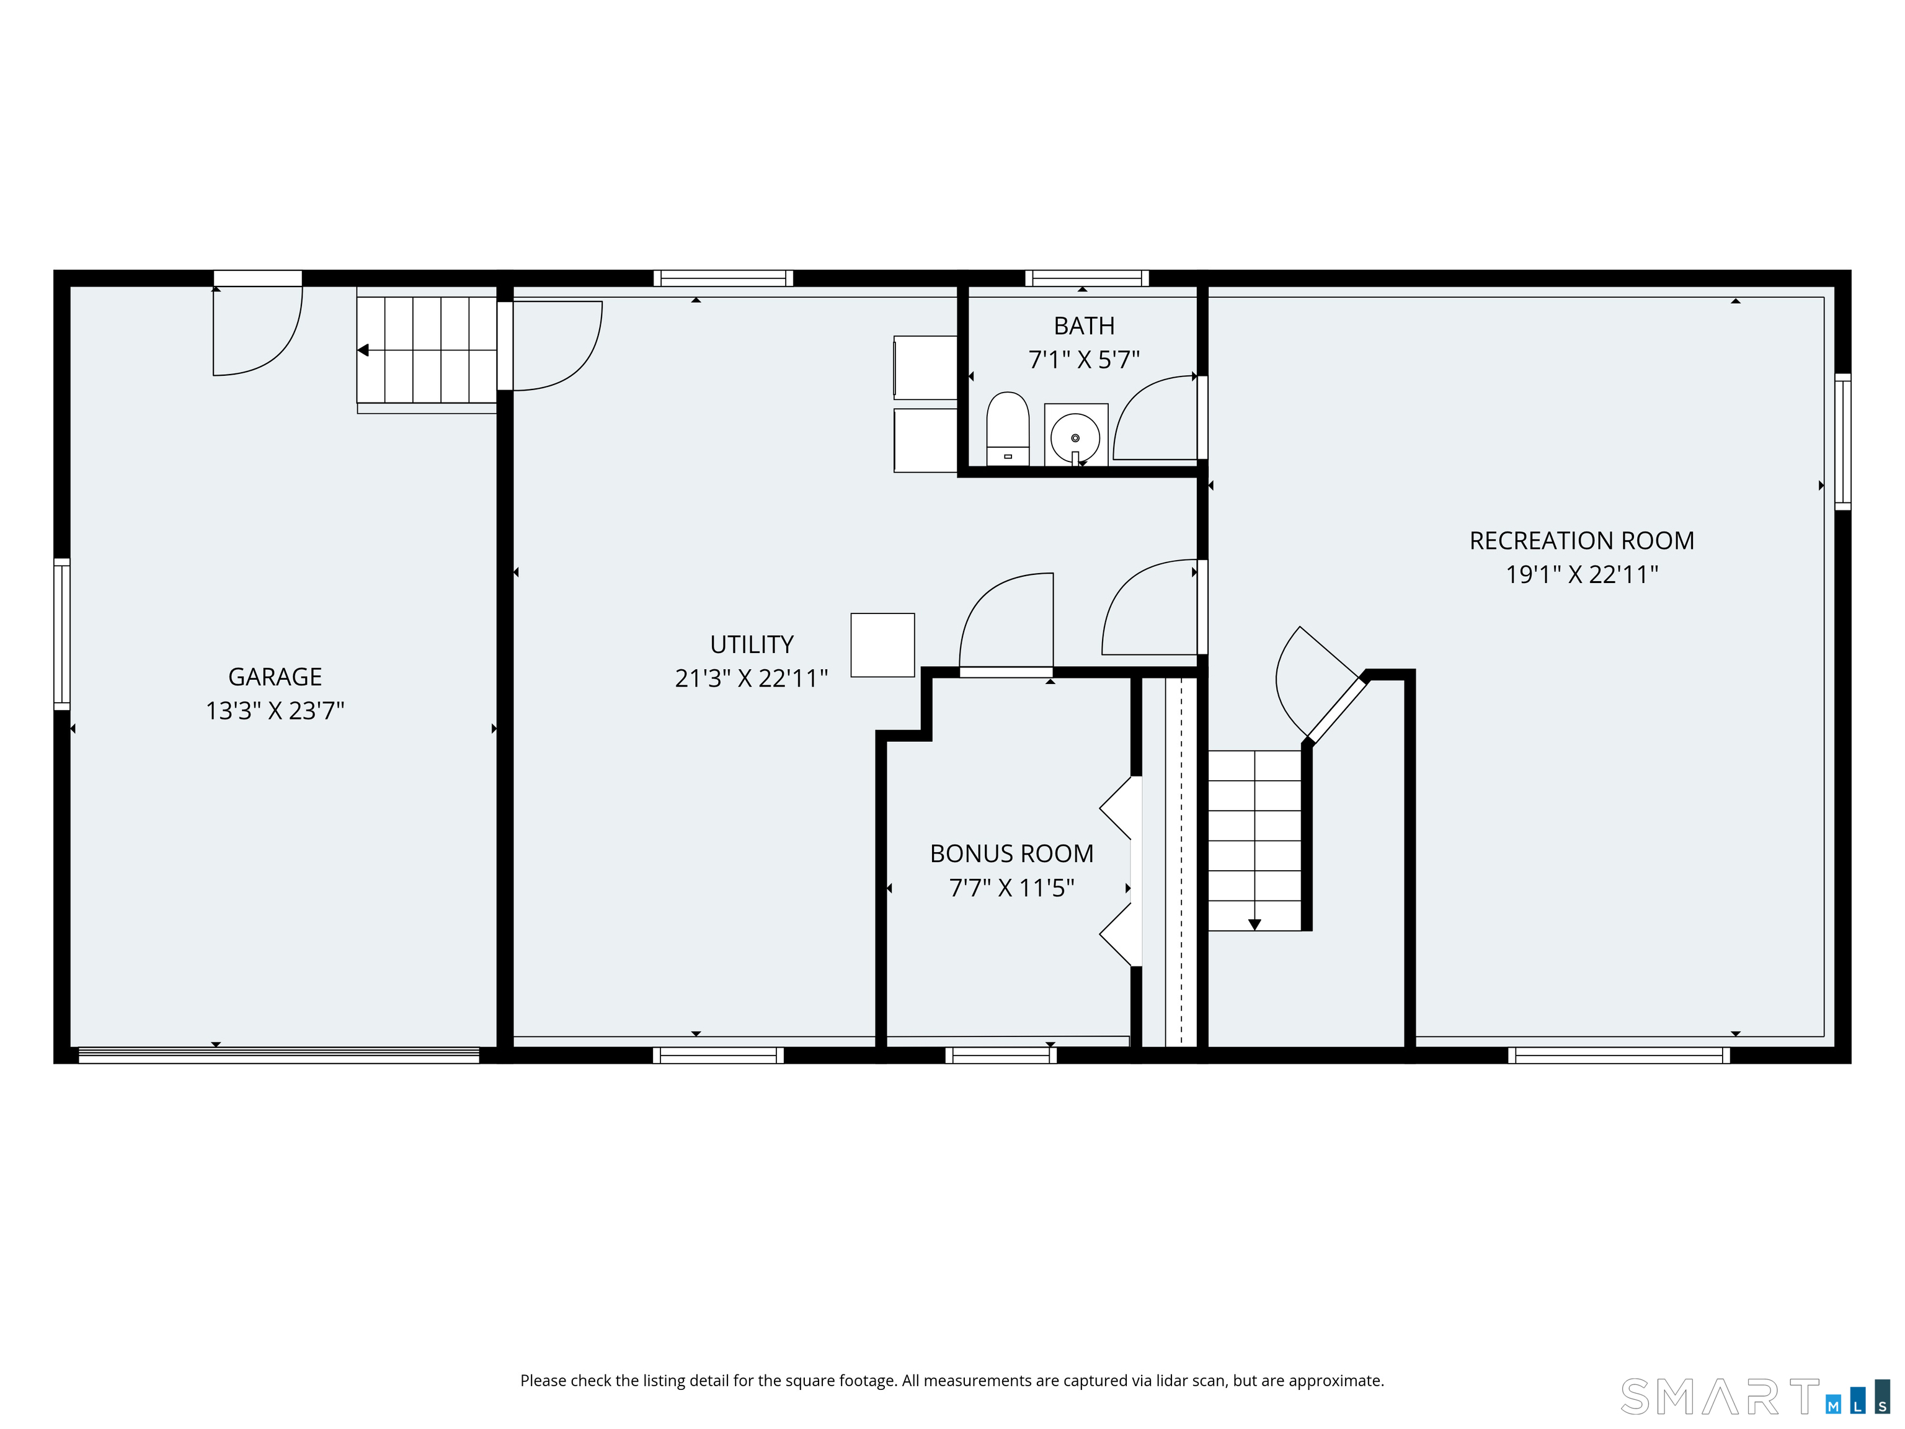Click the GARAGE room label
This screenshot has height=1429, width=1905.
[x=275, y=677]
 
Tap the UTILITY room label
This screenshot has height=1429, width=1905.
[x=752, y=644]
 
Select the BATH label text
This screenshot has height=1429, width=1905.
[x=1084, y=326]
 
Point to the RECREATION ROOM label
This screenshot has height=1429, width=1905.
[x=1582, y=541]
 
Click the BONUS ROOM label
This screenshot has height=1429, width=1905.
[x=1012, y=853]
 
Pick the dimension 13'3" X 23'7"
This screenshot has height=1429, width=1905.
[x=275, y=711]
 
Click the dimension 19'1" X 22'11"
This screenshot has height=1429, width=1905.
[x=1582, y=574]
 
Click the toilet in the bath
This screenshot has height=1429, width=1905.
[x=1008, y=429]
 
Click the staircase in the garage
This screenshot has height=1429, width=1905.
[x=427, y=350]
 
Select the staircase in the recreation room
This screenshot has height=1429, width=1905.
[x=1254, y=840]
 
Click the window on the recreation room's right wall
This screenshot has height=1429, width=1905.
[x=1842, y=442]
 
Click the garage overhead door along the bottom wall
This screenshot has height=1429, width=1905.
[x=278, y=1055]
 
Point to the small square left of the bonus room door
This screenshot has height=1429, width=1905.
[x=883, y=645]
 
